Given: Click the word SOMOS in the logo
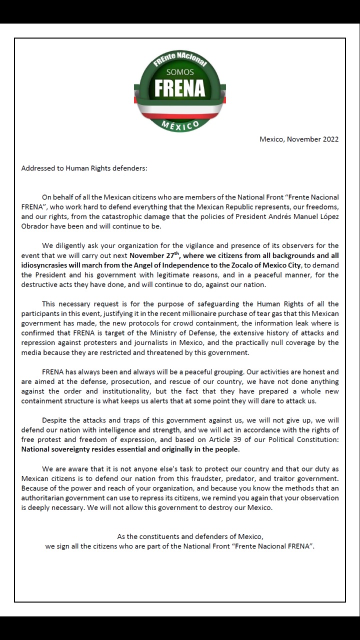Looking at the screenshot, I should [180, 72].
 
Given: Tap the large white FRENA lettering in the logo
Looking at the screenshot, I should [180, 88].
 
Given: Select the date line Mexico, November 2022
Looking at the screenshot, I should [298, 139].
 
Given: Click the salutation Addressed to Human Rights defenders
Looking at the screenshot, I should [84, 168].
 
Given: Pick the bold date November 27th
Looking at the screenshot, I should [154, 255].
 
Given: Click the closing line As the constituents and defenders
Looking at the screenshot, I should [190, 536].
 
